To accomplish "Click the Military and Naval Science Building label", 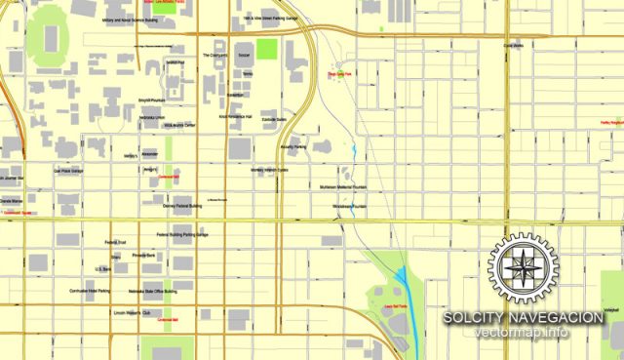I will [x=130, y=19].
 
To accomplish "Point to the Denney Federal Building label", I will [x=182, y=206].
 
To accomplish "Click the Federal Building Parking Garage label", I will [x=182, y=235].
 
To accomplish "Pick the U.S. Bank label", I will [x=101, y=268].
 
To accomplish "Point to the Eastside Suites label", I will [x=274, y=120].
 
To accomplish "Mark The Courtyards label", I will [x=214, y=56].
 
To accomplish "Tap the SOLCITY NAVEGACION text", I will [x=522, y=318].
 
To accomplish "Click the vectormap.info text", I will [x=522, y=333].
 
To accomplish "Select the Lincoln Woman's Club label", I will [x=133, y=313].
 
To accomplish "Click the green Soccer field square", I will [x=267, y=49].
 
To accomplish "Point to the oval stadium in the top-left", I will [x=47, y=37].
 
